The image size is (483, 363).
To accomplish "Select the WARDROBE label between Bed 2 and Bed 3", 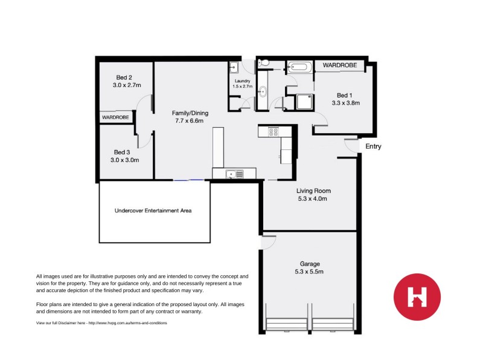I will pyautogui.click(x=115, y=117).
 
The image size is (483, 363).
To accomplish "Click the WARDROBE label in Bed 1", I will pyautogui.click(x=339, y=65).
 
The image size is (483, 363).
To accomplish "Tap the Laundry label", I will pyautogui.click(x=241, y=80).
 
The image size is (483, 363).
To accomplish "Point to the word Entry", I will pyautogui.click(x=373, y=146).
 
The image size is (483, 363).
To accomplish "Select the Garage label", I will pyautogui.click(x=310, y=264).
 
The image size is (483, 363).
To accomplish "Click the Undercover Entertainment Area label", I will pyautogui.click(x=153, y=211).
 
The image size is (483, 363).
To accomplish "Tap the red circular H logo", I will pyautogui.click(x=417, y=296).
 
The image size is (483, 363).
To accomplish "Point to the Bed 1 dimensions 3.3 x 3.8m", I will pyautogui.click(x=345, y=103).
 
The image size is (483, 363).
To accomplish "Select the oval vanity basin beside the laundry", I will pyautogui.click(x=263, y=93).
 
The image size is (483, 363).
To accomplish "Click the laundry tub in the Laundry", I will pyautogui.click(x=234, y=67).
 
